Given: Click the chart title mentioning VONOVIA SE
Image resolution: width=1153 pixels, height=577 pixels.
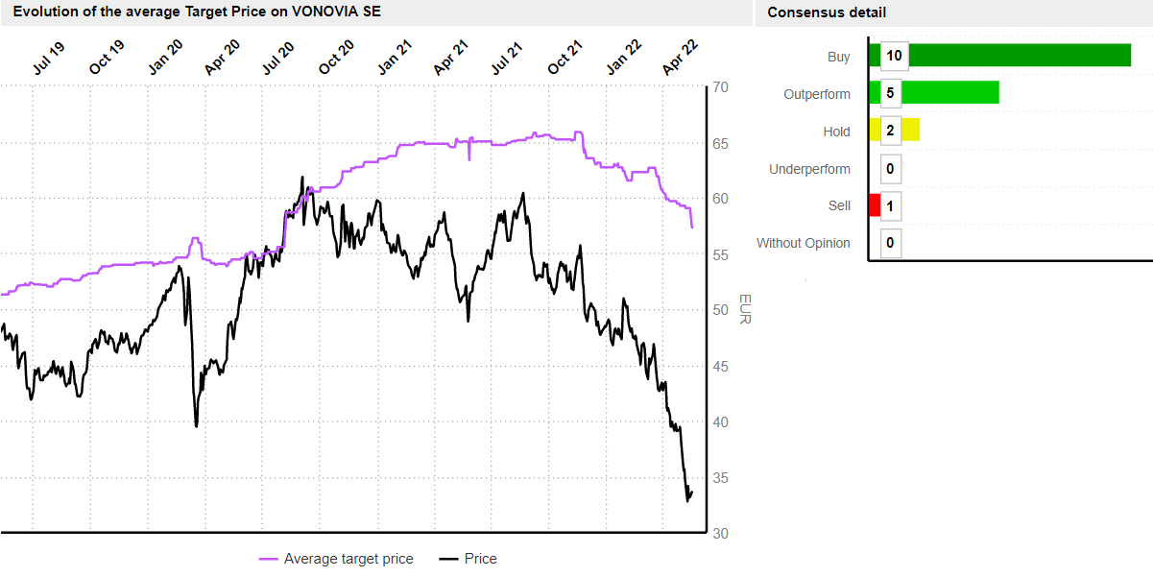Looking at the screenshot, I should pos(197,12).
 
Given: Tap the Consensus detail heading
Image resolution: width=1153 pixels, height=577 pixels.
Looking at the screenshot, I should pos(827,12).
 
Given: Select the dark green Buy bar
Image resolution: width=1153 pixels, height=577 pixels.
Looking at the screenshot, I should pos(1018,56).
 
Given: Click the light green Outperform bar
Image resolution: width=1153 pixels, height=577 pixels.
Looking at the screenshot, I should pos(950,92).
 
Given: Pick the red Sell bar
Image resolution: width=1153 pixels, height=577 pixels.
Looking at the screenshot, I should pos(875,205).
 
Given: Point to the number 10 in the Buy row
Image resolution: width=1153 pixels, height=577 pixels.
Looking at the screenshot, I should pos(894,56).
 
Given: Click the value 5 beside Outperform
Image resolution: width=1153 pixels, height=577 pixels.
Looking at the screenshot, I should pos(890,93).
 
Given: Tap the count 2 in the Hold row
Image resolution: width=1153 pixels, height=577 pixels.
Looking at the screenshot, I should pos(890,131).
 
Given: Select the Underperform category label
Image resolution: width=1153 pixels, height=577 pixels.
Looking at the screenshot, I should pos(809,169).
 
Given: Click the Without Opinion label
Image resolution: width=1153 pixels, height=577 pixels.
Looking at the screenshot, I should pos(804,243).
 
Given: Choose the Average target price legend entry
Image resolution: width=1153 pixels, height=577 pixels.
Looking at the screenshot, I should pos(337,559).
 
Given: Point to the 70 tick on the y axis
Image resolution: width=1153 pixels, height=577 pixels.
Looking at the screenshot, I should pos(720,87).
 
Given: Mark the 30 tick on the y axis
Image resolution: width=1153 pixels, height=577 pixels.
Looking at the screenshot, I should pos(720,534).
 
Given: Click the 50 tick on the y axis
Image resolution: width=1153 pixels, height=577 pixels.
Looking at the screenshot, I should pos(720,310).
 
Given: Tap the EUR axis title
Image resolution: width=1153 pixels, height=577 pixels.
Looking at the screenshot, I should pos(744,309).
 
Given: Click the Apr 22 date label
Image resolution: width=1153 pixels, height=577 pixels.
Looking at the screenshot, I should pos(679,60).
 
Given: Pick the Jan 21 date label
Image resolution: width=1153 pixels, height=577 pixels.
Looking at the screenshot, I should pos(394,60).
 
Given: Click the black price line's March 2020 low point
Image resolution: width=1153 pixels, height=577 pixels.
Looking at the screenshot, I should pos(197,425).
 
